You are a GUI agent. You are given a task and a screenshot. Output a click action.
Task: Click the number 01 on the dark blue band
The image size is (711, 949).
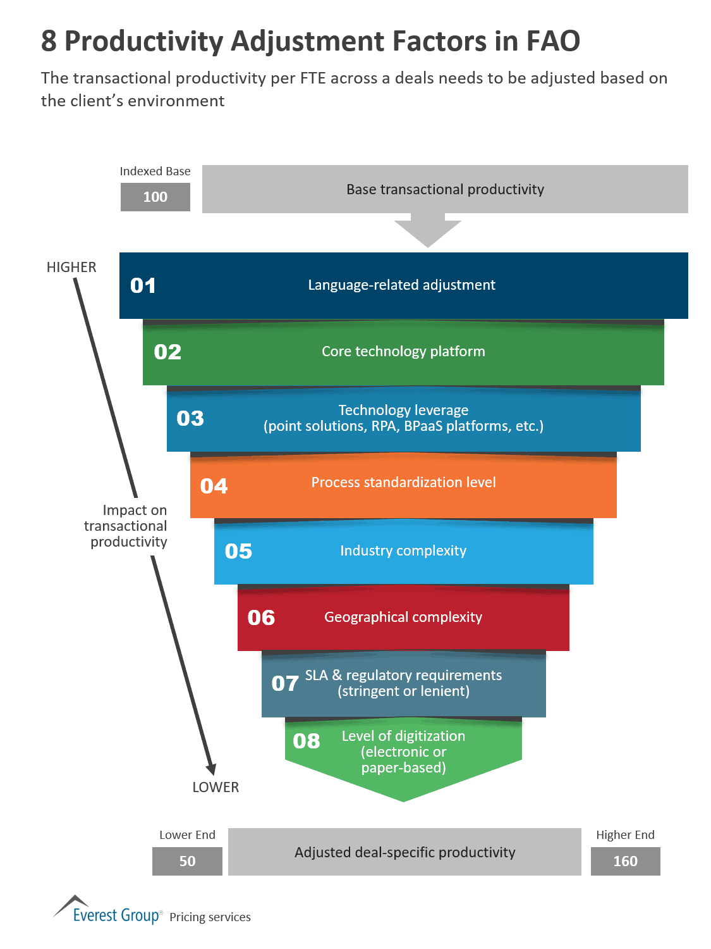(x=143, y=285)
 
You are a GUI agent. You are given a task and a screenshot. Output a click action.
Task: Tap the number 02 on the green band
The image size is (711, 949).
(x=167, y=352)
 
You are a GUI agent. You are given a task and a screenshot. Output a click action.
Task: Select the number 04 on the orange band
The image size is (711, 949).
(x=214, y=486)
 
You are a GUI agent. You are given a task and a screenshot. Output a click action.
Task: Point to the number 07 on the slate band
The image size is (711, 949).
(x=285, y=683)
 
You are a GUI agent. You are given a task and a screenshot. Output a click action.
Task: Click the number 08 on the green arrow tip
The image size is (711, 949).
(x=307, y=741)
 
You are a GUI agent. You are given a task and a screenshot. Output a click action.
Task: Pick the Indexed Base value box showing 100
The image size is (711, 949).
(x=155, y=197)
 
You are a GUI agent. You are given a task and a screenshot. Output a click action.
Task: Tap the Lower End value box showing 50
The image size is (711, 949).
(x=187, y=861)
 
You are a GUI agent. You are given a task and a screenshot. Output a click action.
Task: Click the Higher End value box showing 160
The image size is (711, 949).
(x=625, y=861)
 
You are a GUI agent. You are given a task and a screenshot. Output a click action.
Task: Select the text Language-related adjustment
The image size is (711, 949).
(x=401, y=285)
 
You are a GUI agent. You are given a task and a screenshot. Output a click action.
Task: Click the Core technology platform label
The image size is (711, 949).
(x=403, y=352)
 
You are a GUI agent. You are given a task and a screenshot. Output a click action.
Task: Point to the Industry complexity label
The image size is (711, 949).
(x=403, y=551)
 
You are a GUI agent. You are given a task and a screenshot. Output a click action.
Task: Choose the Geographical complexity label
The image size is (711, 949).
(x=403, y=617)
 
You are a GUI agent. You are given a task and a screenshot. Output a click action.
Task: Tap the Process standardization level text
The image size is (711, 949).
(x=403, y=483)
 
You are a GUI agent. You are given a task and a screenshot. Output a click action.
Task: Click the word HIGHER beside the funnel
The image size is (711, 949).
(x=71, y=268)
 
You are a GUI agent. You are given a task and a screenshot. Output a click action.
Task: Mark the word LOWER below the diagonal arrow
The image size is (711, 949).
(x=216, y=787)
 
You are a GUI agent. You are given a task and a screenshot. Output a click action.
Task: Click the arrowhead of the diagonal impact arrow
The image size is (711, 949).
(x=211, y=768)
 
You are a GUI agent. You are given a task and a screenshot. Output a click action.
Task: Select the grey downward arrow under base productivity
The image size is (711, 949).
(x=428, y=232)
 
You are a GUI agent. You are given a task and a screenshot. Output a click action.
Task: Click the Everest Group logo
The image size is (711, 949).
(x=108, y=911)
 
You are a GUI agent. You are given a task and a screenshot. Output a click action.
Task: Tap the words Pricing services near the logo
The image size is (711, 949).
(x=210, y=917)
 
